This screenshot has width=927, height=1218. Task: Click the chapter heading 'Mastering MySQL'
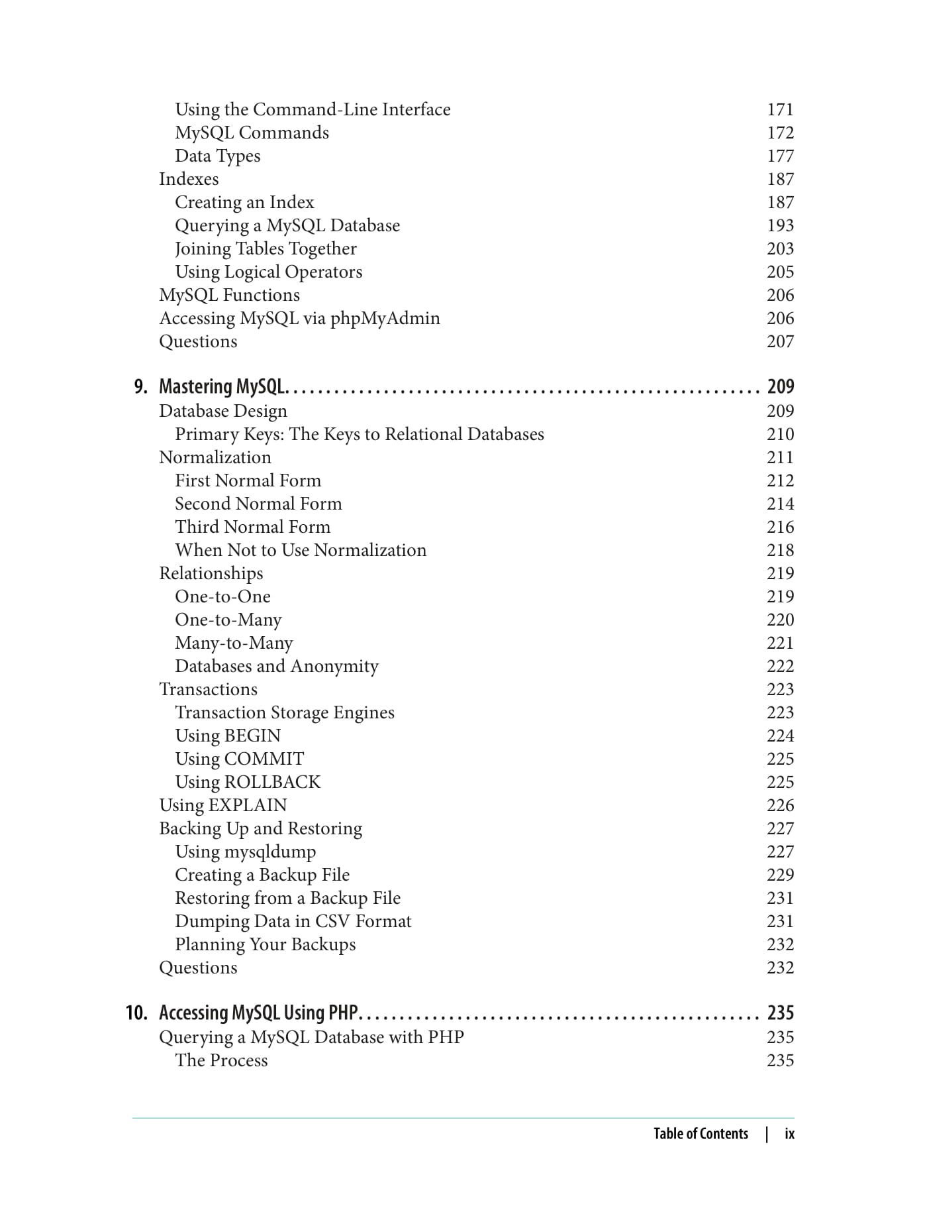[x=222, y=386]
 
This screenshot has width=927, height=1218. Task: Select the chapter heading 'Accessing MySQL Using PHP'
[x=258, y=1013]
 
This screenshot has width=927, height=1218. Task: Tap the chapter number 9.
[x=140, y=386]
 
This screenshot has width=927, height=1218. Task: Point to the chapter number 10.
[x=136, y=1013]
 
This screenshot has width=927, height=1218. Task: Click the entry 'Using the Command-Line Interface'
[x=313, y=109]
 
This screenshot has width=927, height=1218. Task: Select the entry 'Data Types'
[x=217, y=156]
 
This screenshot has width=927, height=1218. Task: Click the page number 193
[x=780, y=225]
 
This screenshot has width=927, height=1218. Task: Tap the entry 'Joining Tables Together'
[x=266, y=249]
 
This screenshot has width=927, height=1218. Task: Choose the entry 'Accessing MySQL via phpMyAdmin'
[x=299, y=318]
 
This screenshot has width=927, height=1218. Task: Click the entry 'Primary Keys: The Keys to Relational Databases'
[x=359, y=434]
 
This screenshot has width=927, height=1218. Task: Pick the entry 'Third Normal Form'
[x=252, y=527]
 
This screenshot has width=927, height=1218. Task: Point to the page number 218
[x=780, y=550]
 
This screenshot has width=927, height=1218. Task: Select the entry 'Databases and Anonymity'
[x=276, y=666]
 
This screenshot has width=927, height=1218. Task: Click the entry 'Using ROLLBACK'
[x=247, y=782]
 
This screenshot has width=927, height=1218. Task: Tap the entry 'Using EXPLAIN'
[x=222, y=805]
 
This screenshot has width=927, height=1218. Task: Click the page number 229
[x=780, y=875]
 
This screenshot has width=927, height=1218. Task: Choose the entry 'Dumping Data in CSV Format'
[x=293, y=921]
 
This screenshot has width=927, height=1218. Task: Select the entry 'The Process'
[x=221, y=1060]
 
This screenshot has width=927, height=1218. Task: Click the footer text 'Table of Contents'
[x=701, y=1134]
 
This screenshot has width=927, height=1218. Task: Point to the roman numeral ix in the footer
[x=789, y=1134]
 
